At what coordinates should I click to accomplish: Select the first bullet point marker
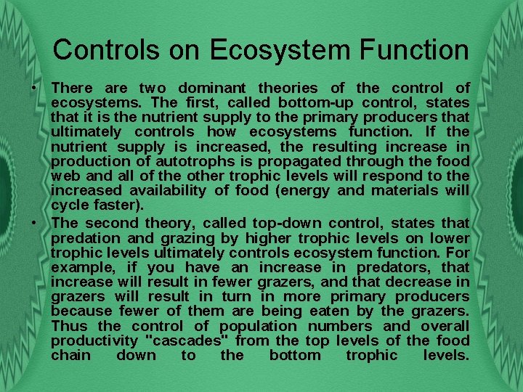coord(34,88)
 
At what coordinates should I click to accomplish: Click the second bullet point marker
coord(34,223)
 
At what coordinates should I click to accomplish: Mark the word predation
coord(87,237)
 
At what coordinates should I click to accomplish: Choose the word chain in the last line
coord(71,355)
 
